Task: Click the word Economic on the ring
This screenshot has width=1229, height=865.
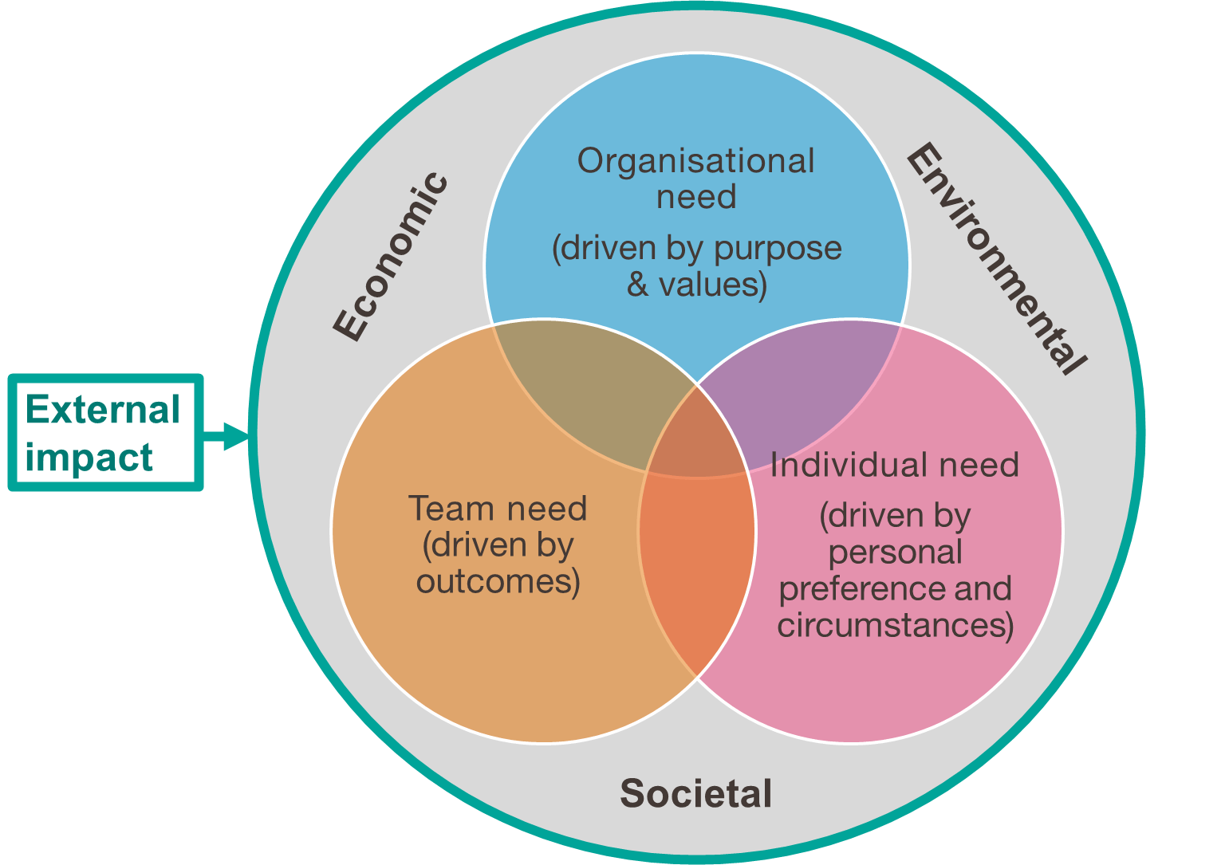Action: coord(391,257)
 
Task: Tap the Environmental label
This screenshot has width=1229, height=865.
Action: coord(996,258)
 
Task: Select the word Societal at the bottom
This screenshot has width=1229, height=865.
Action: coord(696,794)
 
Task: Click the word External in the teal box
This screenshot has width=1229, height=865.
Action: coord(103,411)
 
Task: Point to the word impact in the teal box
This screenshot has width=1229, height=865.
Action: coord(89,458)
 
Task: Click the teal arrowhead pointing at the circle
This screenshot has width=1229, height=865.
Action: coord(236,436)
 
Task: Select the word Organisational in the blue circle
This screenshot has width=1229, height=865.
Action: coord(696,161)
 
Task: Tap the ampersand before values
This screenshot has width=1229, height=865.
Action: coord(638,285)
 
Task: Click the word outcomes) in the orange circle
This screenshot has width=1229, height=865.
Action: coord(498,582)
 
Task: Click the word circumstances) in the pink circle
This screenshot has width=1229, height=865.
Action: coord(896,625)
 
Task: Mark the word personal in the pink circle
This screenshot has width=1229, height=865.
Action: coord(896,552)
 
